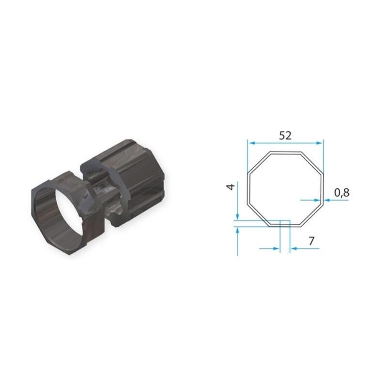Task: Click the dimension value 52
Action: [285, 136]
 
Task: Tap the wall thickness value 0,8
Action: [341, 192]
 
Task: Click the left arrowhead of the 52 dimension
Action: [250, 142]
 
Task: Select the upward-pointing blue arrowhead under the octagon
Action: [237, 231]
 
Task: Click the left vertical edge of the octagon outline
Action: [248, 189]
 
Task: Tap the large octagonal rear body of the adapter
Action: [140, 184]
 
